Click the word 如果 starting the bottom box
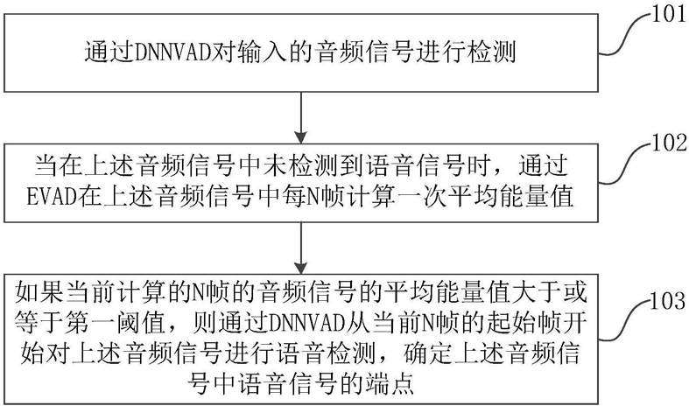point(34,290)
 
